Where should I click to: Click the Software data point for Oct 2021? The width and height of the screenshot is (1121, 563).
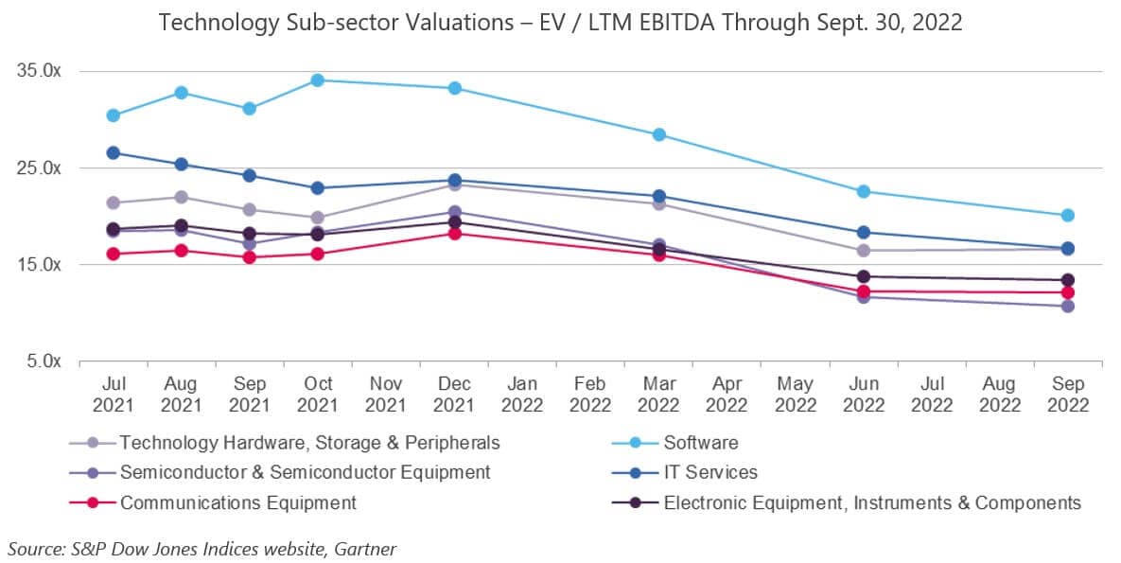tap(318, 80)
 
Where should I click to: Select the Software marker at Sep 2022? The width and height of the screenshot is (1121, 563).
tap(1068, 216)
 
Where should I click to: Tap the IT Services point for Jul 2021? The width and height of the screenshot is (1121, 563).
tap(114, 152)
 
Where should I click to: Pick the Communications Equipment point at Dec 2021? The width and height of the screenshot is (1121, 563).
tap(455, 233)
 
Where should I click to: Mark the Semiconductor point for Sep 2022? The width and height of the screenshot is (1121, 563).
tap(1068, 306)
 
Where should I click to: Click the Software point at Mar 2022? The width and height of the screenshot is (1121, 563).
tap(659, 134)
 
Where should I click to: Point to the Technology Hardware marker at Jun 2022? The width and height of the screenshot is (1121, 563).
tap(864, 251)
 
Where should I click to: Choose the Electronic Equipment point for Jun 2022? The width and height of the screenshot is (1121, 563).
tap(864, 276)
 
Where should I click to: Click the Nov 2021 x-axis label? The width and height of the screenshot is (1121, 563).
tap(386, 396)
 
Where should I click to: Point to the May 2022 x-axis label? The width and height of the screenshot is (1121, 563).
tap(795, 396)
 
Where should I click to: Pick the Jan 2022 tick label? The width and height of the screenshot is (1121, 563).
tap(522, 396)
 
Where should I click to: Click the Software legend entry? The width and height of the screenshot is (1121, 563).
tap(701, 442)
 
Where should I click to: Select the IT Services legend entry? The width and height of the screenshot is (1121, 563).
tap(710, 472)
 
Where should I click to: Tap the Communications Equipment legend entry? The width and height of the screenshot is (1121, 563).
tap(237, 502)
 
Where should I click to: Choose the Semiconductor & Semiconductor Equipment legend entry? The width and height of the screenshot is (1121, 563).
tap(305, 472)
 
